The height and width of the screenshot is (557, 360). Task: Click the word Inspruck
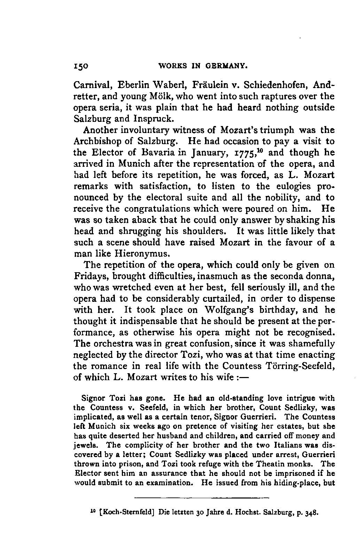(x=153, y=118)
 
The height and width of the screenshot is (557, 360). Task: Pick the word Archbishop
(x=103, y=141)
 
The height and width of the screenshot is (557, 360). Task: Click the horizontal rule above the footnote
(x=202, y=497)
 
